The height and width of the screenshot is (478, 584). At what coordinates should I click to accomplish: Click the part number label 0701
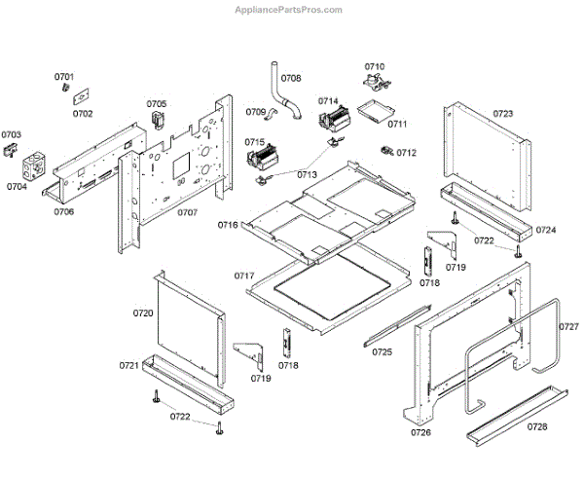[x=64, y=76]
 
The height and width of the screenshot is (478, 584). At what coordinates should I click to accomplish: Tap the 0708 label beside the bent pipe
[x=291, y=78]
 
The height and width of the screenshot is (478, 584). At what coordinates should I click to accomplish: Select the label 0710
[x=375, y=66]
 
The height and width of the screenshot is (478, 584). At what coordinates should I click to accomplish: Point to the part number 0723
[x=503, y=114]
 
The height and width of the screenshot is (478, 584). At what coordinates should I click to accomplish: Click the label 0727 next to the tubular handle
[x=569, y=326]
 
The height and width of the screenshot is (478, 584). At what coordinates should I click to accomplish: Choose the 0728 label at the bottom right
[x=536, y=426]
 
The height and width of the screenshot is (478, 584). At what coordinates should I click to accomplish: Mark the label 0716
[x=228, y=225]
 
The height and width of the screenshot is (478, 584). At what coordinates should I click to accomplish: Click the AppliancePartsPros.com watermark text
[x=289, y=10]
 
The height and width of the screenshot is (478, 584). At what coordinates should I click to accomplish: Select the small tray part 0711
[x=374, y=112]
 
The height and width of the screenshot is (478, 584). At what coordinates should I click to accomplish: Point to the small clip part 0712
[x=386, y=151]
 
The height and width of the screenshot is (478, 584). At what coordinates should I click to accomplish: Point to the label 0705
[x=157, y=104]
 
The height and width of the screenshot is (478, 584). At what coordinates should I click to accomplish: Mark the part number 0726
[x=420, y=431]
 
